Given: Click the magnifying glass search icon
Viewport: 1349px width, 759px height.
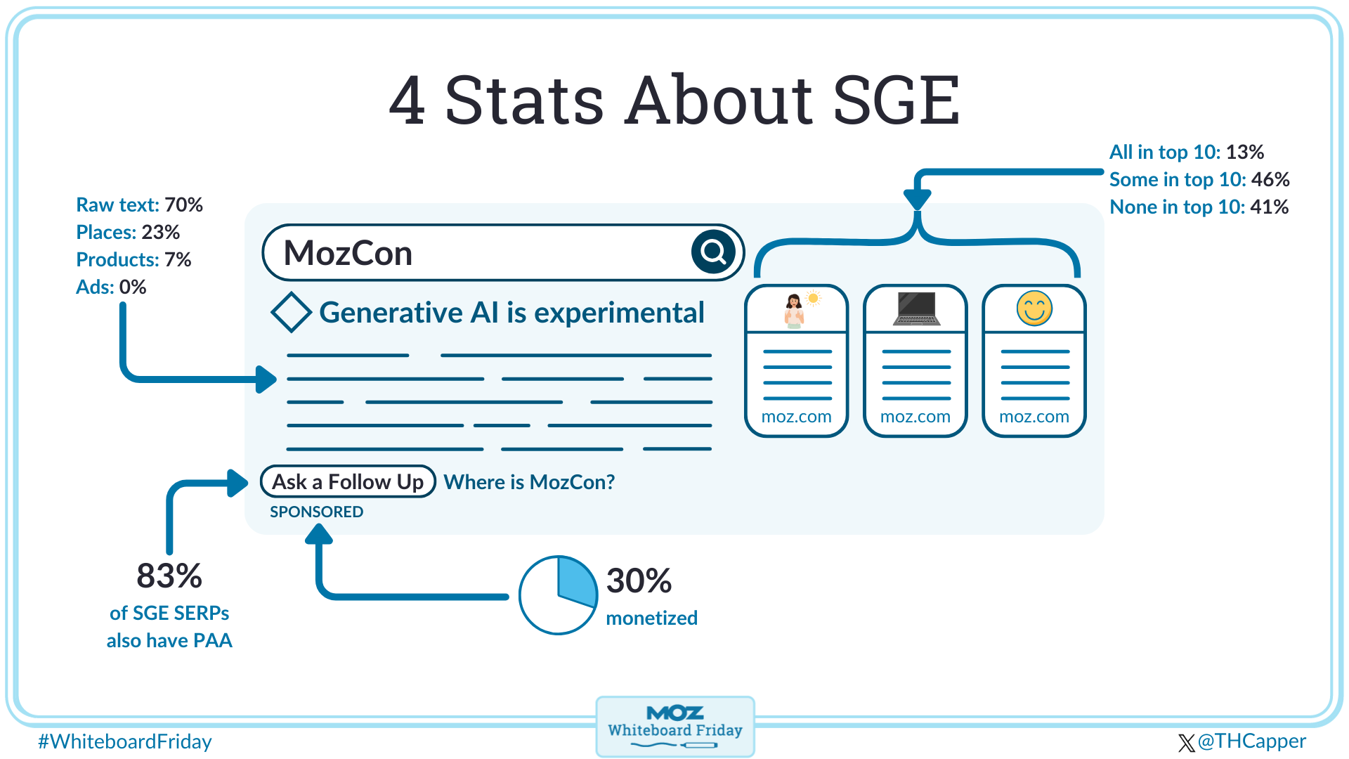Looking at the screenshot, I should (713, 252).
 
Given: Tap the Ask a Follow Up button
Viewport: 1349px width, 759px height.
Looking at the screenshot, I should (348, 482).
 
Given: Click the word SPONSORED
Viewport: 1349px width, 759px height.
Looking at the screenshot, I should (316, 512).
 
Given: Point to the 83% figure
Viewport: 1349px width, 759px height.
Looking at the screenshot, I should (169, 576).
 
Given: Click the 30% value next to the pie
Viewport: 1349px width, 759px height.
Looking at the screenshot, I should (639, 580).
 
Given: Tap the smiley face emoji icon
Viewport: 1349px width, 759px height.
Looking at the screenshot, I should (1034, 308).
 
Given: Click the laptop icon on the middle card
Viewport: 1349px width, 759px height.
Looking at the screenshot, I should (915, 309).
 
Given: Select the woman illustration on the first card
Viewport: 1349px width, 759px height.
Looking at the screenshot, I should (795, 310).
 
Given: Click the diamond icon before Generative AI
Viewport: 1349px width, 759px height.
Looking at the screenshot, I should (291, 313).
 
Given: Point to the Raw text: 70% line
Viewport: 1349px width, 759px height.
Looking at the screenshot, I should (139, 205).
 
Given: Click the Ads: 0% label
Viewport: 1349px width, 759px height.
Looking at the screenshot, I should (111, 287).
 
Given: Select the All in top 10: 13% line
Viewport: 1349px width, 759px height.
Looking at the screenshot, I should (1186, 152).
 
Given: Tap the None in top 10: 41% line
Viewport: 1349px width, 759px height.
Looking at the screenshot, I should (1199, 207).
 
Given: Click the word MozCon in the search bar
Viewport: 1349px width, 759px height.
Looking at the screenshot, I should (348, 253).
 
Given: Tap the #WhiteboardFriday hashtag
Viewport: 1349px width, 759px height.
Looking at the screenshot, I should (124, 741).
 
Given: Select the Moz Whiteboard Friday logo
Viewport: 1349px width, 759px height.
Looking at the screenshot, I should (674, 726).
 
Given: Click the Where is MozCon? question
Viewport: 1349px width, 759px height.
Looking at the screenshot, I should (529, 482).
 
